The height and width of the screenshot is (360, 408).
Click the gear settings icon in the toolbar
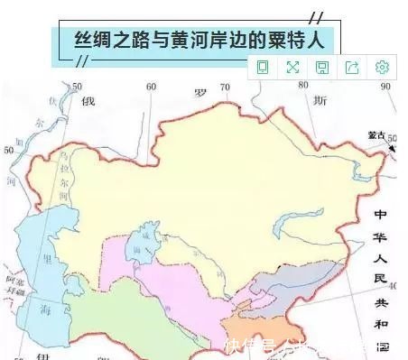(x=382, y=67)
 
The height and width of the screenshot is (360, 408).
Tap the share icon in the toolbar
(x=352, y=67)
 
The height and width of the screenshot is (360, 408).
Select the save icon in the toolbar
(x=322, y=67)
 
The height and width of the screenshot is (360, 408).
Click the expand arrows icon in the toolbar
(x=292, y=67)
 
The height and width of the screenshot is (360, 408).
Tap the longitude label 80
(x=306, y=87)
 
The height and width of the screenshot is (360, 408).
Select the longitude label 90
(x=385, y=87)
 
